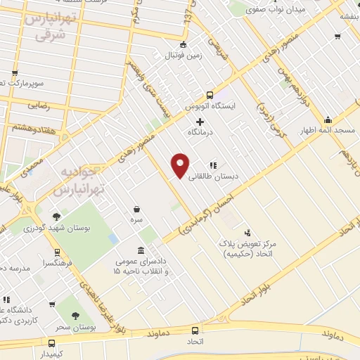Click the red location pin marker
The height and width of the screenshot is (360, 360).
181,165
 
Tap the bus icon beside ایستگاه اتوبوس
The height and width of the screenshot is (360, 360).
209,95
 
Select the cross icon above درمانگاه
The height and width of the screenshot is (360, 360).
200,121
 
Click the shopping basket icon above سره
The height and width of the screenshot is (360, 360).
136,209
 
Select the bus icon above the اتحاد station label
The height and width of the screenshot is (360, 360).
195,331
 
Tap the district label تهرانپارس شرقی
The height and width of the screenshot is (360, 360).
49,26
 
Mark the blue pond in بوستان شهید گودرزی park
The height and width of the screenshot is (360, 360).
113,238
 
